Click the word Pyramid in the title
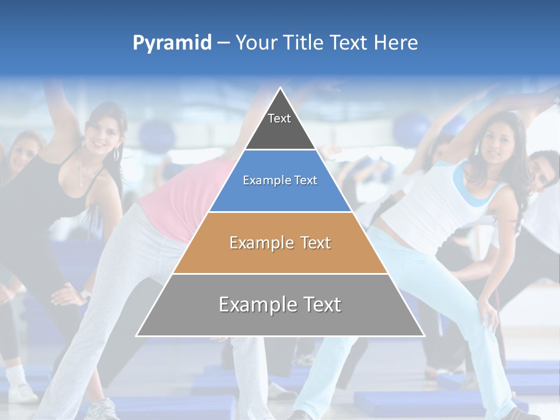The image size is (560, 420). pyautogui.click(x=172, y=43)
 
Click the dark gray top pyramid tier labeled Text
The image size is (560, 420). pyautogui.click(x=280, y=125)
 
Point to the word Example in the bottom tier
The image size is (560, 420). pyautogui.click(x=257, y=304)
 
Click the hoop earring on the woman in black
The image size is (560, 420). pyautogui.click(x=116, y=154)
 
